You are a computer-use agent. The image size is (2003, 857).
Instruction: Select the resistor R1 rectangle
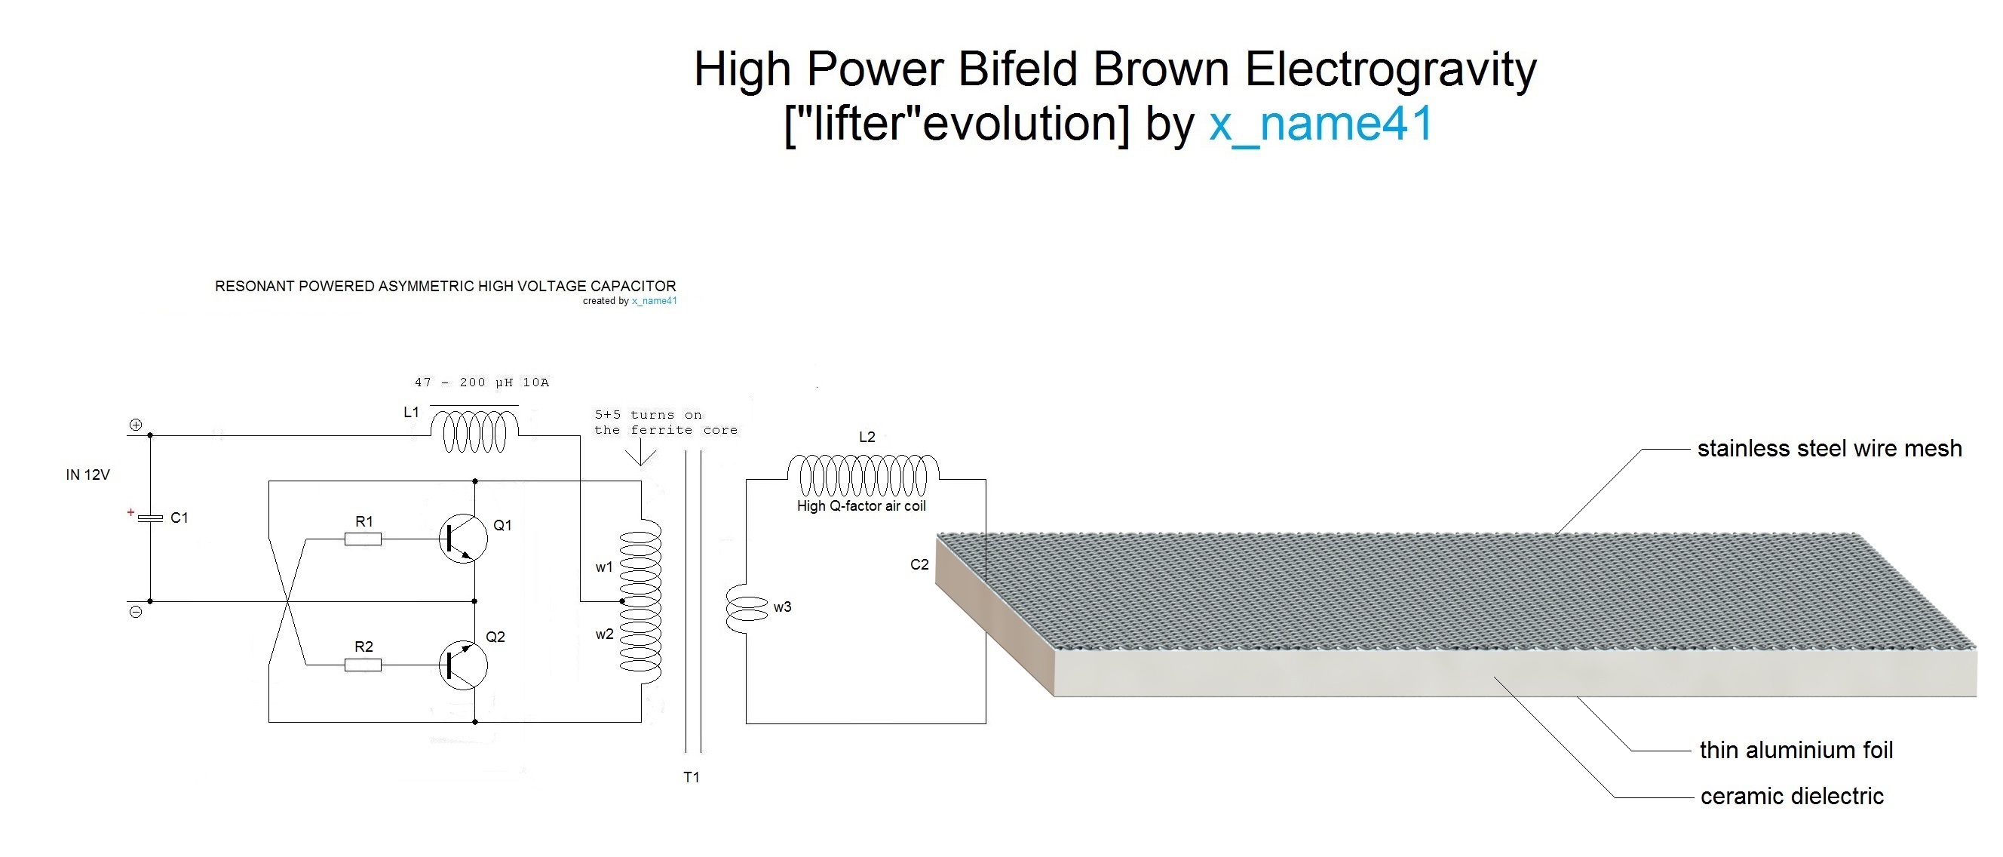pos(363,538)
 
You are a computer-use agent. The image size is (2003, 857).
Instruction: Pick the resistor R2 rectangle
pos(363,665)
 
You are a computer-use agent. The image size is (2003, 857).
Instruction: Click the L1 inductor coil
pos(474,432)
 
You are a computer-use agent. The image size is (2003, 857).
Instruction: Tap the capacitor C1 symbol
pos(150,518)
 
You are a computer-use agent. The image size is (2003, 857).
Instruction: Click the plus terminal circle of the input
pos(136,425)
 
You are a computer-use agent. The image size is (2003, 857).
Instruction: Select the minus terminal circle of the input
pos(136,612)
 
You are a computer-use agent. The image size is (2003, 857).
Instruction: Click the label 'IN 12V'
pos(88,475)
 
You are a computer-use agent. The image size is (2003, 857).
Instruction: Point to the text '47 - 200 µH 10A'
pos(481,382)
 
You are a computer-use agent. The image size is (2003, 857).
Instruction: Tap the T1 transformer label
pos(692,777)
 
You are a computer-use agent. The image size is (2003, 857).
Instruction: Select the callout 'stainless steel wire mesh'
pos(1829,449)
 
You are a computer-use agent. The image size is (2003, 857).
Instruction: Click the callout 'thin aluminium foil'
pos(1796,750)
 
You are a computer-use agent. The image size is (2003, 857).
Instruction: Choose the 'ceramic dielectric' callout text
pos(1792,797)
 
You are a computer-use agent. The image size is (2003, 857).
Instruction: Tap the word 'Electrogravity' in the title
pos(1391,69)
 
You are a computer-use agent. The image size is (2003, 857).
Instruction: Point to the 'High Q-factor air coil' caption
pos(860,506)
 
